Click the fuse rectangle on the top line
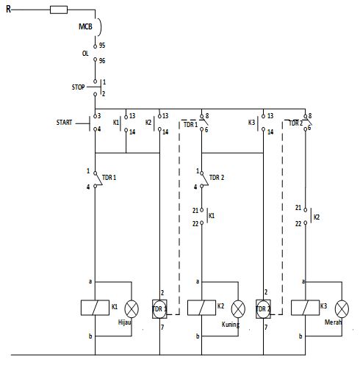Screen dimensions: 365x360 [59, 10]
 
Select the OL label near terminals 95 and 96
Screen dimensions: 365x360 [85, 54]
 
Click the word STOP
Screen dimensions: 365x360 [79, 87]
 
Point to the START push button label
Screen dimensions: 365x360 [64, 123]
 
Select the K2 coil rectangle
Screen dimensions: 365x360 [198, 308]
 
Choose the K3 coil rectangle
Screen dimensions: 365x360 [301, 308]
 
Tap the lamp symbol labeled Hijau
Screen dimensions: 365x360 [132, 308]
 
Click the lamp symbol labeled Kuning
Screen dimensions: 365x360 [237, 308]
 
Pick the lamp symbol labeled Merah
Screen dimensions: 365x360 [341, 308]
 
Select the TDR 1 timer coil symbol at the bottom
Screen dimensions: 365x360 [160, 308]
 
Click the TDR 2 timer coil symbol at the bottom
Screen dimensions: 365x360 [263, 308]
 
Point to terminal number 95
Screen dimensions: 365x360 [103, 45]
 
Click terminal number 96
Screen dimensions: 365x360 [103, 62]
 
